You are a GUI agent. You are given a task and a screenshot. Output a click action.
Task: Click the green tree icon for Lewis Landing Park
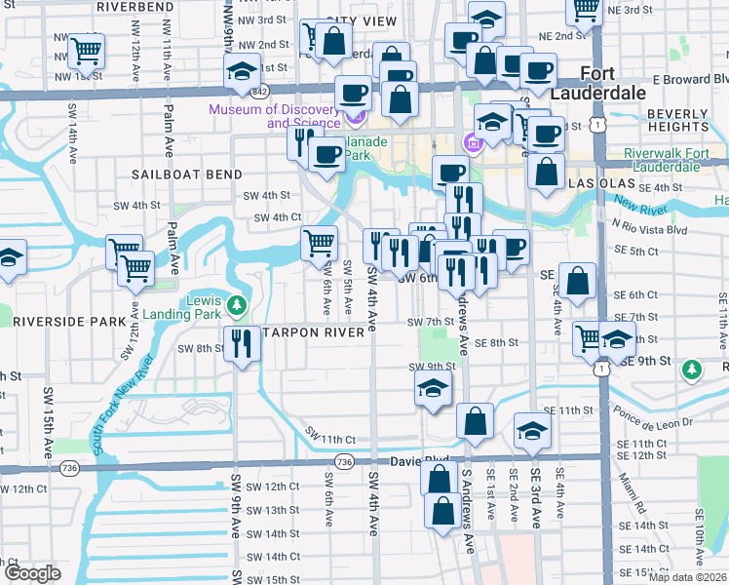(x=235, y=306)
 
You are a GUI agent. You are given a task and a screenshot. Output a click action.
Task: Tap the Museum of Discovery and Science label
(x=276, y=116)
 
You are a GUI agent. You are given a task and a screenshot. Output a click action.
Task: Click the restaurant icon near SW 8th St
(x=242, y=343)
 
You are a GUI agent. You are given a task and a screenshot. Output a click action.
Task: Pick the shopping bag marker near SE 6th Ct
(x=578, y=280)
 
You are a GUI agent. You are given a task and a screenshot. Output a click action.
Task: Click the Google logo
(x=32, y=573)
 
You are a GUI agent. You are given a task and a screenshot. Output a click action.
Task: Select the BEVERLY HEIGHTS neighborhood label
(x=677, y=121)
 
